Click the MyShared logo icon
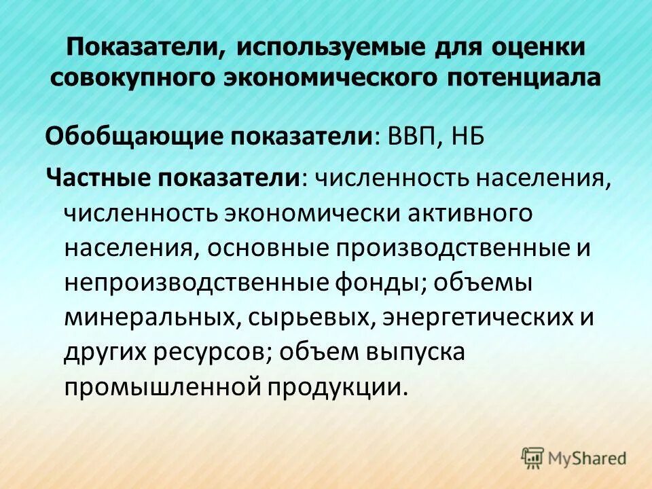click(x=532, y=456)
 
